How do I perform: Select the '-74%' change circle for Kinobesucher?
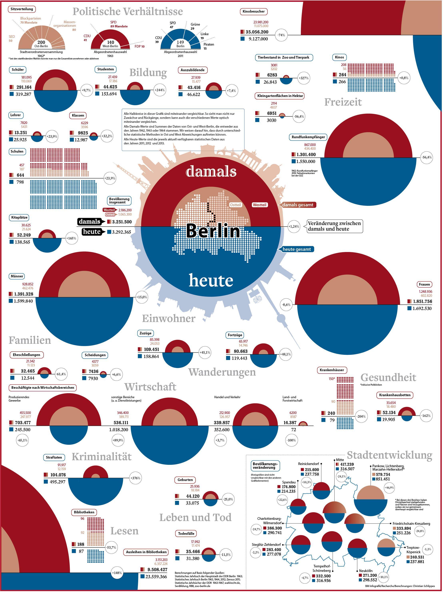tap(281, 35)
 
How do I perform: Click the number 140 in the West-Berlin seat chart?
tap(111, 42)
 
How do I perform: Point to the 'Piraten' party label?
tap(209, 44)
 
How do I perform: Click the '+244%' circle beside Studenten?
tap(160, 90)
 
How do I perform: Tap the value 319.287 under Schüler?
tap(24, 94)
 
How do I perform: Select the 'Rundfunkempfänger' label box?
tap(308, 137)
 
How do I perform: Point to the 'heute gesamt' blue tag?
tap(297, 249)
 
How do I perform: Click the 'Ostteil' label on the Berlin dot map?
tap(235, 205)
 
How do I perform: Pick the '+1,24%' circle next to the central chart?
tap(294, 226)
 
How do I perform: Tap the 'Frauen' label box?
tap(424, 284)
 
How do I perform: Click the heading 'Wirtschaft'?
tap(150, 387)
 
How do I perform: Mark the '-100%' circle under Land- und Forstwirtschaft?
tap(291, 440)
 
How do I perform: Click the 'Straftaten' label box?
tap(54, 457)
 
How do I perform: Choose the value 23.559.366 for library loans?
tap(156, 577)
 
